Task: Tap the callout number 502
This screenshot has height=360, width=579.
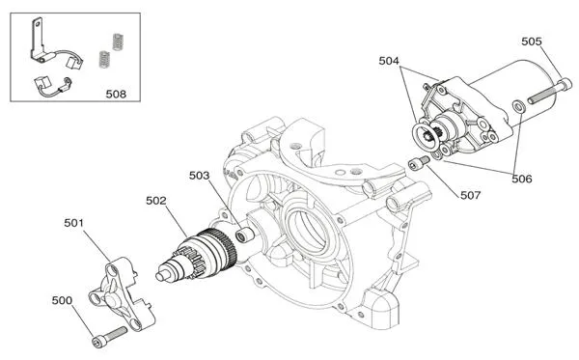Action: pyautogui.click(x=157, y=201)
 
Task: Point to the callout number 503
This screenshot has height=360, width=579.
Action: pyautogui.click(x=200, y=176)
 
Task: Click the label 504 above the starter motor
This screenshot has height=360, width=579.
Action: pyautogui.click(x=389, y=61)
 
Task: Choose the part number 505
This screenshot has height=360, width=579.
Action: pyautogui.click(x=532, y=42)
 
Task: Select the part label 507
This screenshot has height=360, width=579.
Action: pyautogui.click(x=470, y=194)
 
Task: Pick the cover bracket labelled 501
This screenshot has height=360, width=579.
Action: pyautogui.click(x=122, y=291)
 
